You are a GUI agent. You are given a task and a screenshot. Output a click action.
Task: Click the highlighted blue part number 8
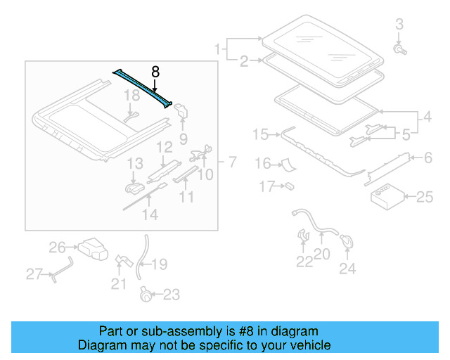143,88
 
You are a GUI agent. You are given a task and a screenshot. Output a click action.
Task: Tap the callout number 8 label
155,71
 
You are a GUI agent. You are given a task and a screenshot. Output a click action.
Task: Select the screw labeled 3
399,49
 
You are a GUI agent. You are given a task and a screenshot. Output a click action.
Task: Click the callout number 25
425,198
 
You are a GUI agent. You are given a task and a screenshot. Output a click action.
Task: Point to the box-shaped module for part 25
385,197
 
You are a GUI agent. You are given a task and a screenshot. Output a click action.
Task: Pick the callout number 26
57,247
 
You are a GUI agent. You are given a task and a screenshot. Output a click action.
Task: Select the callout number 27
34,274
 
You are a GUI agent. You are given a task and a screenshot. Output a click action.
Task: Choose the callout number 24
347,268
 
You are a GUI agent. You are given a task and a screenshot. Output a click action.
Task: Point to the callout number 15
260,134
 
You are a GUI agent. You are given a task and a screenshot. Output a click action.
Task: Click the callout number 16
262,164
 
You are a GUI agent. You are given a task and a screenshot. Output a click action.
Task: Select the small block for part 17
288,186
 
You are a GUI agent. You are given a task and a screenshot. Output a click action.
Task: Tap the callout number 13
134,164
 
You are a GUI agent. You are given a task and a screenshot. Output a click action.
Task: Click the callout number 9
183,137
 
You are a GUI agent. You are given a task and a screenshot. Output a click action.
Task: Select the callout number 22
304,262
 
